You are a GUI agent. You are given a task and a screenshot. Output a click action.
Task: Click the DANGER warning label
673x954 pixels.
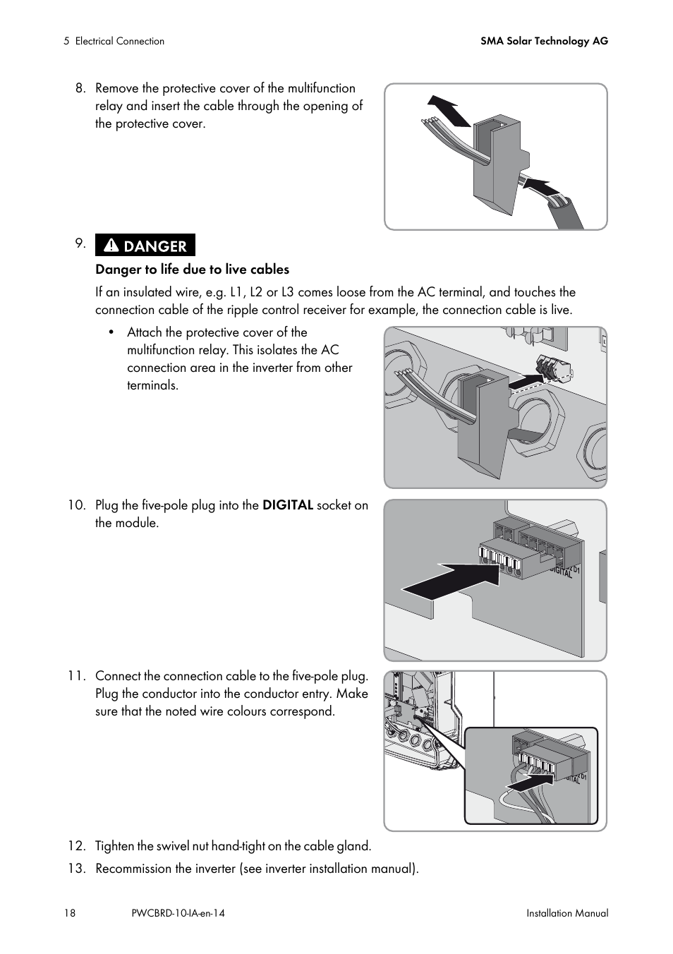[x=145, y=246]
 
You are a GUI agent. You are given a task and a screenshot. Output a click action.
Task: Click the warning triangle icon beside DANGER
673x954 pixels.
[x=111, y=246]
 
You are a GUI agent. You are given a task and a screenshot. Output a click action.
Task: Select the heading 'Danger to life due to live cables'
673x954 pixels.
[x=192, y=269]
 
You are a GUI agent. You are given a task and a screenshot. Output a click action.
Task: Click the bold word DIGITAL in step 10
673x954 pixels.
[x=287, y=505]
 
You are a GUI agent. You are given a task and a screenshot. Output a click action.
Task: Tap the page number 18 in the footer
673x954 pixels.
[x=69, y=913]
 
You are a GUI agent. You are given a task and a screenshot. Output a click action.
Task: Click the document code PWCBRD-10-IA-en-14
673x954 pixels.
[x=178, y=913]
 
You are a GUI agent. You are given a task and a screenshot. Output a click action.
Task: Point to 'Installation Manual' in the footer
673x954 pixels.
[x=566, y=913]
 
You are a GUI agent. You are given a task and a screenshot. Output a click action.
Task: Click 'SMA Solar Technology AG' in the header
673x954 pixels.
[x=544, y=41]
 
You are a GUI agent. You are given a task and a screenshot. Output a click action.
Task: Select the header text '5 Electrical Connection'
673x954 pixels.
[x=114, y=41]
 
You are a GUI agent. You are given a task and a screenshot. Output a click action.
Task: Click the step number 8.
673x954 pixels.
[x=80, y=88]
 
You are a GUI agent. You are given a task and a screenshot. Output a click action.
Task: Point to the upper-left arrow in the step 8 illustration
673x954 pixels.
[x=449, y=110]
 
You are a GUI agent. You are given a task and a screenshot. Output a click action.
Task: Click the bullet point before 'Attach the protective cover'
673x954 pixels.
[x=111, y=332]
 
